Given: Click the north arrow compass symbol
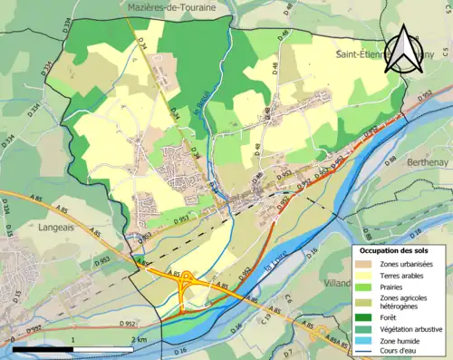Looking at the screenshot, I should [401, 46].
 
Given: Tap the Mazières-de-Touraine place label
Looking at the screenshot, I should [170, 7].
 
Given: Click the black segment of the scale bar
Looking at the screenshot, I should [42, 348].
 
